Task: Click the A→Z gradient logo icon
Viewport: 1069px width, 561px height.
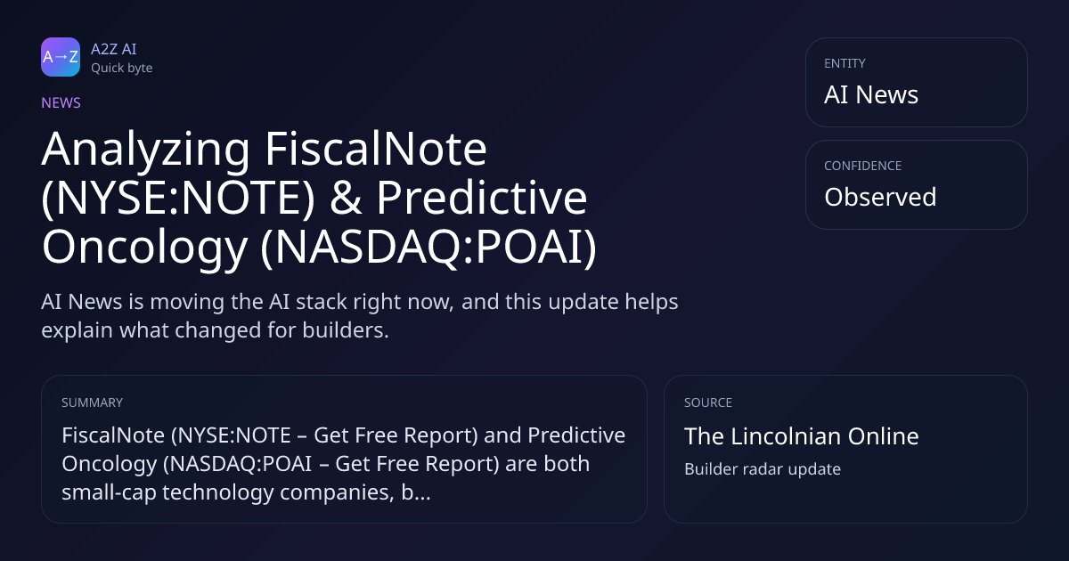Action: pos(61,57)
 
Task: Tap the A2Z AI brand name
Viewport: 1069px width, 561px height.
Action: pos(114,49)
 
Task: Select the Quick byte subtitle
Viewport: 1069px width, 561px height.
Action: pos(122,69)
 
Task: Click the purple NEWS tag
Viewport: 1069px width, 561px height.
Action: pos(61,103)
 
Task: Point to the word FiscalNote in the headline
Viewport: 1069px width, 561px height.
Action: pos(376,149)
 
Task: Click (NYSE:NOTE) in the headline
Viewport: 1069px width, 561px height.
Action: pos(178,198)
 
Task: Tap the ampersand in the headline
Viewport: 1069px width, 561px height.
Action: pos(346,198)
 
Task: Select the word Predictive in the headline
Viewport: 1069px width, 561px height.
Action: pos(482,198)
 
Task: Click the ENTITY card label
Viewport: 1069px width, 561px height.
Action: pos(845,63)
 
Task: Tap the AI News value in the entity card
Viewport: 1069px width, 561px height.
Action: pos(871,94)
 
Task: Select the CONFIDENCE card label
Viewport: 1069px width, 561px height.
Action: pos(863,166)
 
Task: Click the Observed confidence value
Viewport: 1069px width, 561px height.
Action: pos(880,197)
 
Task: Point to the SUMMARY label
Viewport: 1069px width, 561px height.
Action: pos(92,402)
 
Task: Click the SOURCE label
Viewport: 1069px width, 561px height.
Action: pos(708,402)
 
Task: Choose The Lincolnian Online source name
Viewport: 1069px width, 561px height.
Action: pos(801,436)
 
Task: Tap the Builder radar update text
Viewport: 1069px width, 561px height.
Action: pos(763,469)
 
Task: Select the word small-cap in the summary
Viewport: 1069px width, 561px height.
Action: pos(109,492)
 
